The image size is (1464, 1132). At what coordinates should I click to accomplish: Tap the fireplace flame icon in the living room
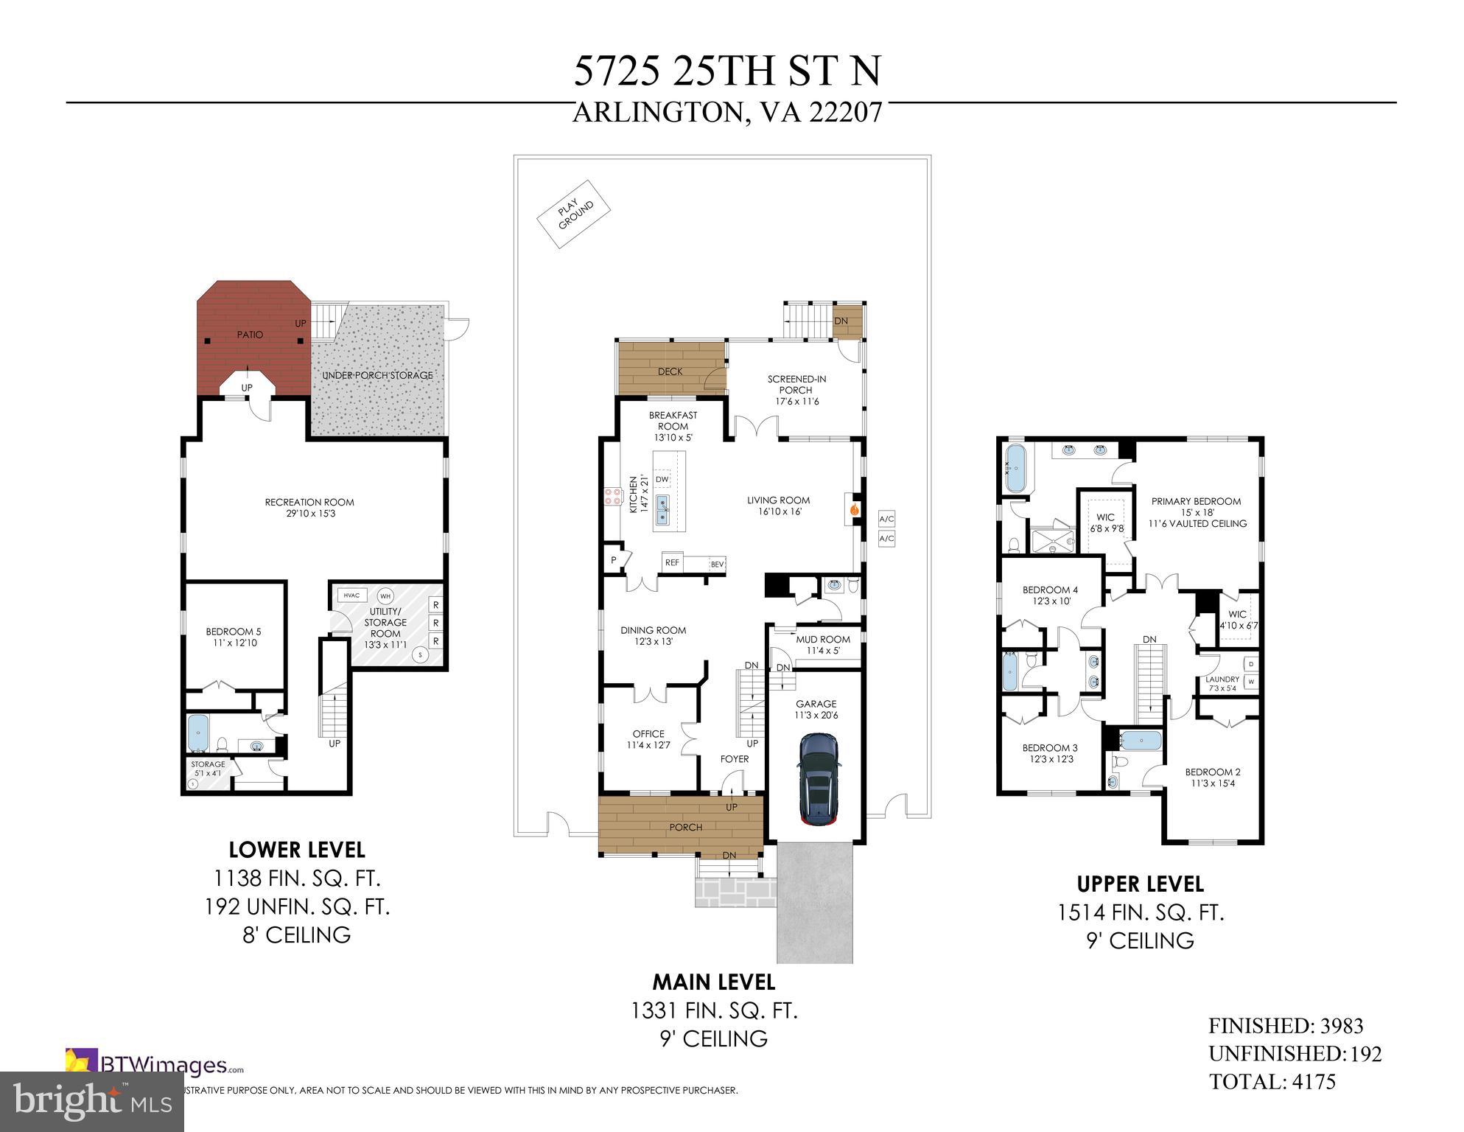pos(855,508)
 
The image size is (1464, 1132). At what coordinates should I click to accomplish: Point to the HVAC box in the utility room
pos(352,595)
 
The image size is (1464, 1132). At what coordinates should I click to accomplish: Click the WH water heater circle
pos(385,596)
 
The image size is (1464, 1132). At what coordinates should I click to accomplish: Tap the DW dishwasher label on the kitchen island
pos(662,479)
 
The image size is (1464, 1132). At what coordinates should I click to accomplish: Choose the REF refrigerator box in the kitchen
pos(672,562)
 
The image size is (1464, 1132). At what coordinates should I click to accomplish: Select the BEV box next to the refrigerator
pos(717,565)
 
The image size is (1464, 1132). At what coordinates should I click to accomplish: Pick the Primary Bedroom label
pos(1197,501)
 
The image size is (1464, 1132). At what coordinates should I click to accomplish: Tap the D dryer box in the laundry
pos(1251,664)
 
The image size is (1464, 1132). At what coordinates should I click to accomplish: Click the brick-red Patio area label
pos(250,335)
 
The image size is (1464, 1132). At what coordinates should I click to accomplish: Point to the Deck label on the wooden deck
pos(670,371)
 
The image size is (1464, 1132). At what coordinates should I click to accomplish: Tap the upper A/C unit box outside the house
pos(886,519)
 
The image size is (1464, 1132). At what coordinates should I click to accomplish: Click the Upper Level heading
pos(1140,884)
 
